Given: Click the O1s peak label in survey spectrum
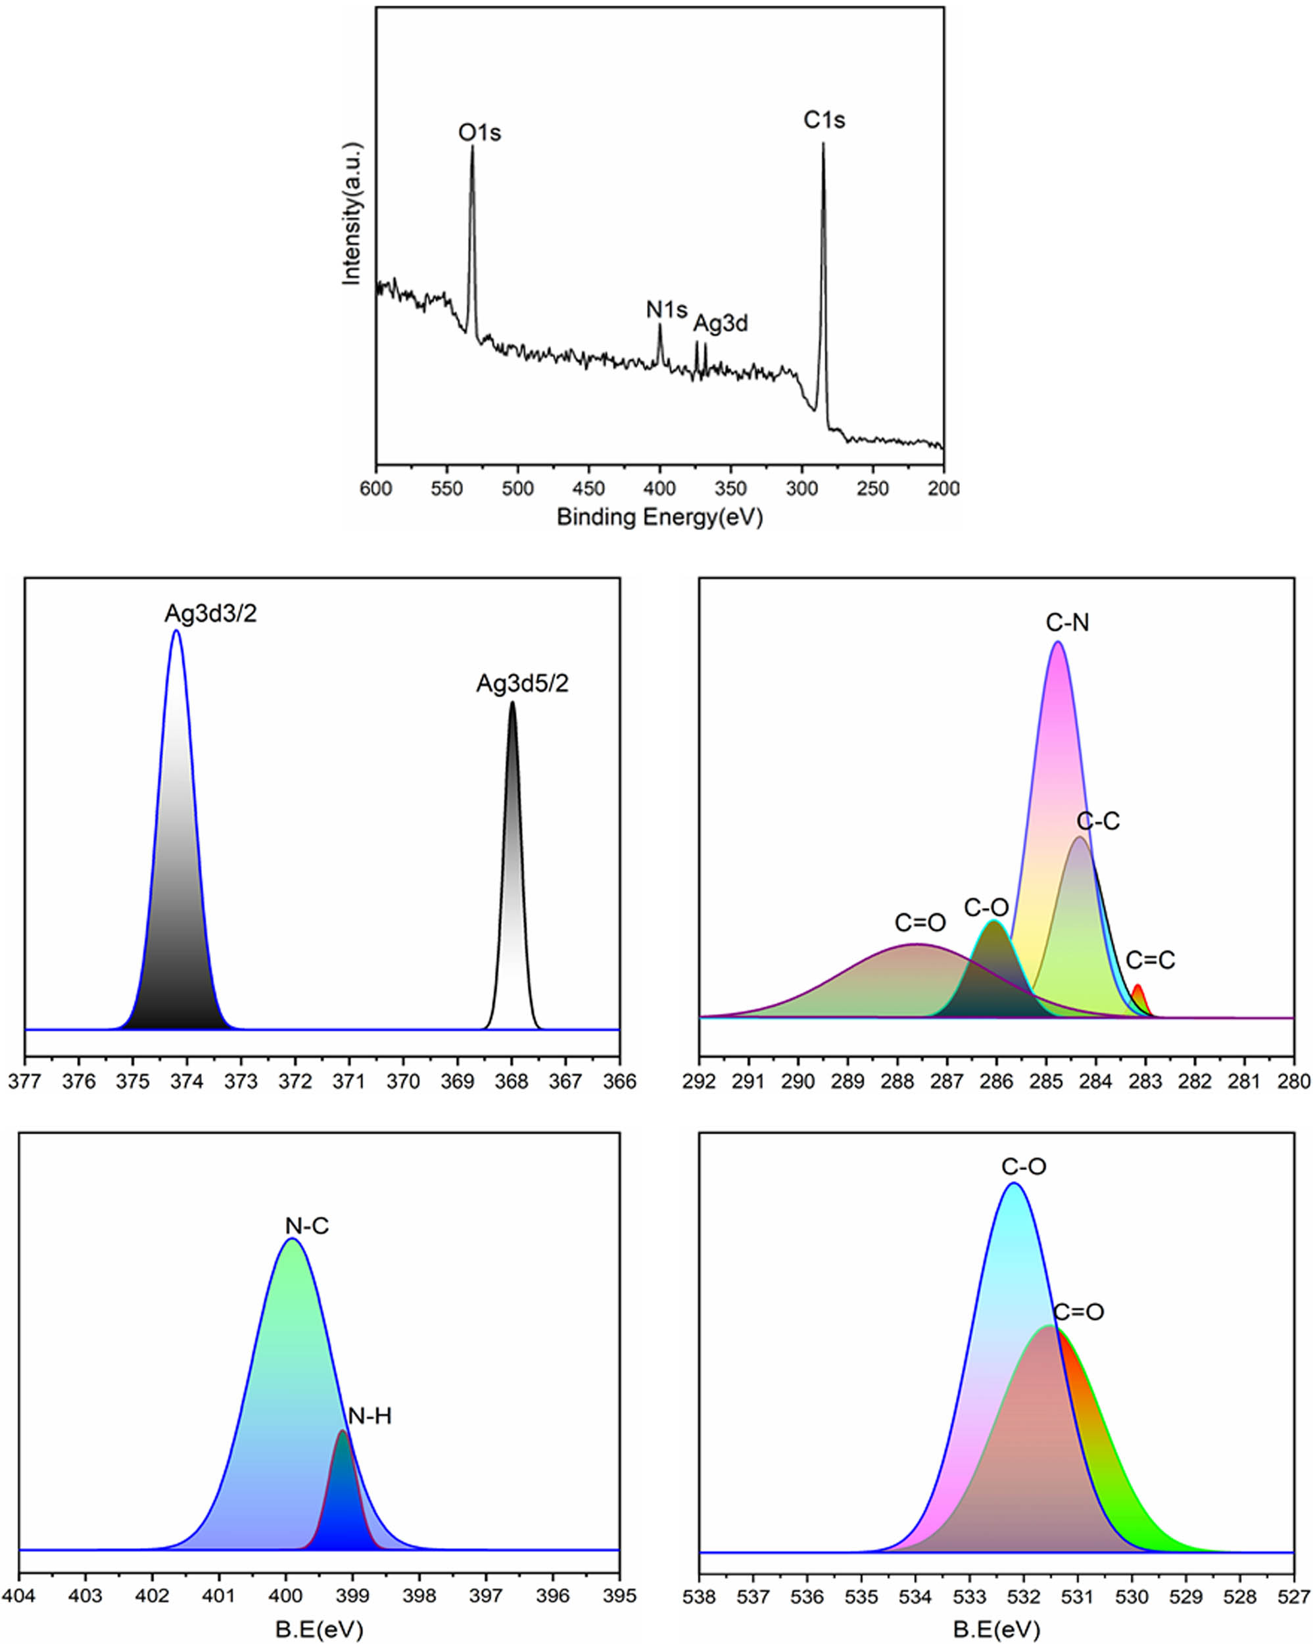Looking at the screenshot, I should pos(479,133).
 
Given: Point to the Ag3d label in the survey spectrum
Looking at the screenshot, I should pos(720,324).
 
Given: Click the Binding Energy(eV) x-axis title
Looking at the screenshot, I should pos(659,517).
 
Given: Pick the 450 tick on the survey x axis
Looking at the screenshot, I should pos(588,488).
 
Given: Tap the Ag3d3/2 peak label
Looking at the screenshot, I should pos(210,613).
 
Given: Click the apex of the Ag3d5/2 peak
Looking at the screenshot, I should pos(512,702).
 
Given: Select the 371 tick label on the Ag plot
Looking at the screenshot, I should pos(349,1081).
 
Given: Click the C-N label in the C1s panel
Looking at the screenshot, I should pos(1066,623).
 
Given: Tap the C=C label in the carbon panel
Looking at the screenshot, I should pos(1150,960).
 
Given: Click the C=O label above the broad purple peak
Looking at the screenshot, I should pos(920,923).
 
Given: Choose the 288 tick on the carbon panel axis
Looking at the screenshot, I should pos(897,1081).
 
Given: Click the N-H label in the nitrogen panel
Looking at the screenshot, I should pos(369,1416).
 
